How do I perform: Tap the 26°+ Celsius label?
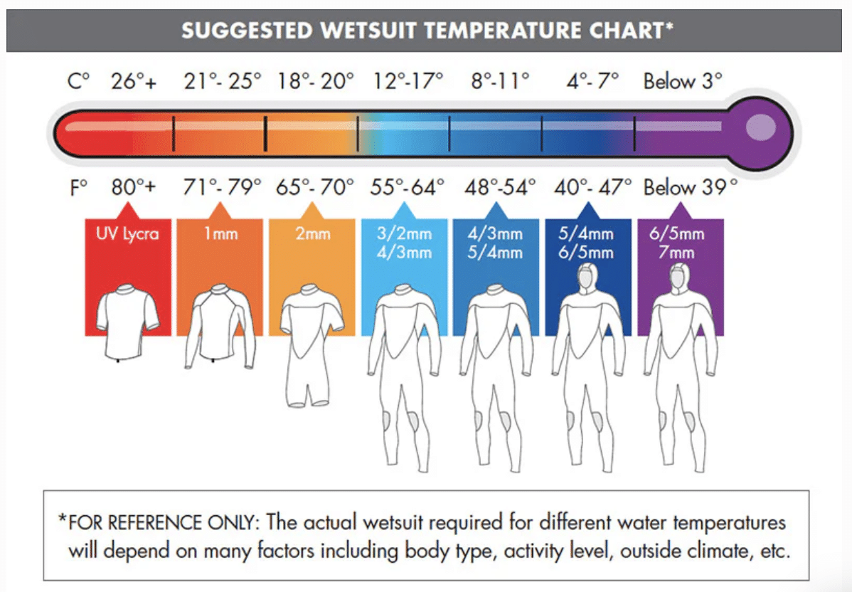click(x=134, y=82)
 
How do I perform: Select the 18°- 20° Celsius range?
click(x=316, y=82)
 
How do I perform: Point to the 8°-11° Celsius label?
click(x=501, y=82)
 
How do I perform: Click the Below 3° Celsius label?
click(x=683, y=82)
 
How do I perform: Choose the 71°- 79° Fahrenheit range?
click(x=223, y=188)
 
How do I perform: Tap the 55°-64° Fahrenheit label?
click(x=408, y=188)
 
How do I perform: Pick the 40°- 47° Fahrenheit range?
click(x=593, y=188)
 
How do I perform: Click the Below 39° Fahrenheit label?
click(x=690, y=188)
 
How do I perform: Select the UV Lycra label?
click(x=128, y=234)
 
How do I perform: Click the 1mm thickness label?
click(x=220, y=234)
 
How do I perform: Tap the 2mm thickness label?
click(x=313, y=234)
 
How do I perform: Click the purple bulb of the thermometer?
click(x=760, y=128)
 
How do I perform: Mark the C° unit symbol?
click(x=79, y=82)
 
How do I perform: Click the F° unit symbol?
click(x=78, y=188)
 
